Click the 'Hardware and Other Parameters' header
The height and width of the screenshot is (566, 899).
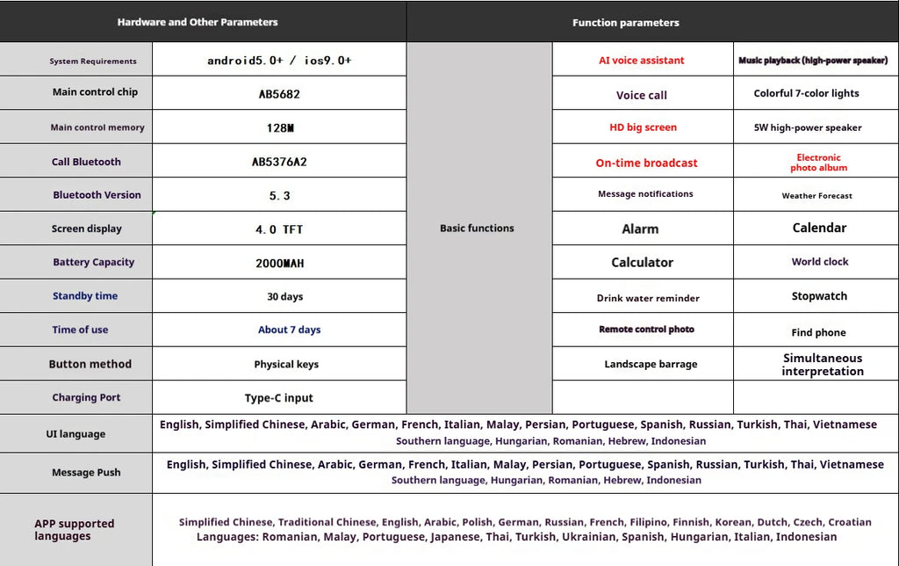tap(198, 22)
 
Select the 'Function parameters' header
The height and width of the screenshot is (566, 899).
tap(625, 23)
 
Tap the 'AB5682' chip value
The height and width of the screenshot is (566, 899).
tap(279, 92)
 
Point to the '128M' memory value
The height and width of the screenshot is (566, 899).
tap(279, 127)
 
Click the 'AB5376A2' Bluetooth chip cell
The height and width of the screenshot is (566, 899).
tap(279, 162)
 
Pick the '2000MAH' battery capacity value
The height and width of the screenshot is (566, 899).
tap(279, 263)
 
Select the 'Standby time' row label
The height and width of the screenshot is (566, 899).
tap(84, 296)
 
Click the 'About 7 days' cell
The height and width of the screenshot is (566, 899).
tap(289, 330)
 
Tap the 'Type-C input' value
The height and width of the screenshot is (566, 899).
tap(279, 397)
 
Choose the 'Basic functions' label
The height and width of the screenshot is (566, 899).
tap(477, 228)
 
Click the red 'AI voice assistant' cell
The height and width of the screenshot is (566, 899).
tap(641, 61)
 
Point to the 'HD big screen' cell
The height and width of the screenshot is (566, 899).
tap(643, 127)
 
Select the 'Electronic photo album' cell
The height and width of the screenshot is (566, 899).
tap(818, 163)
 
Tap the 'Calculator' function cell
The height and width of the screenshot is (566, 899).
tap(642, 263)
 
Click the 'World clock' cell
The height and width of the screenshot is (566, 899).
tap(819, 262)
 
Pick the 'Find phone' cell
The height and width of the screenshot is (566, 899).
tap(818, 332)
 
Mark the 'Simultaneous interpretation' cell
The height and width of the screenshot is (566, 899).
tap(823, 365)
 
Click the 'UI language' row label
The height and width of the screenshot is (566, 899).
tap(76, 434)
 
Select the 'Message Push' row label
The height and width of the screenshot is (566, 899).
tap(86, 472)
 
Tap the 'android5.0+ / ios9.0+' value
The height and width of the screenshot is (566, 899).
tap(279, 61)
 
